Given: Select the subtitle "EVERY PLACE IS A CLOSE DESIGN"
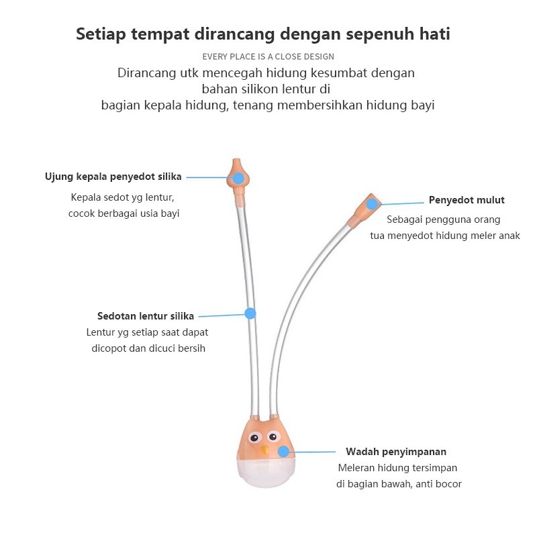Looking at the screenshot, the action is click(x=268, y=57).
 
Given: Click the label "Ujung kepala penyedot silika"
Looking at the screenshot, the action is click(x=113, y=177).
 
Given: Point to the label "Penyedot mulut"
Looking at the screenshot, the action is click(x=467, y=200).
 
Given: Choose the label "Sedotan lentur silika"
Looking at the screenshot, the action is click(x=146, y=315).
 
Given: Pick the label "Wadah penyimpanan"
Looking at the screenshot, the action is click(x=396, y=452).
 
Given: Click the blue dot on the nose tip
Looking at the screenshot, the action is click(x=238, y=178).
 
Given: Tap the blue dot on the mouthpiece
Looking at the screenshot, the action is click(x=373, y=204).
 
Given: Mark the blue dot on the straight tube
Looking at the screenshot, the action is click(x=250, y=313).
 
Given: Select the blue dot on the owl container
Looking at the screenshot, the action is click(x=283, y=452).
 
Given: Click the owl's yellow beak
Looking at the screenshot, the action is click(x=264, y=449).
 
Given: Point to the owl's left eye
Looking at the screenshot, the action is click(x=254, y=438).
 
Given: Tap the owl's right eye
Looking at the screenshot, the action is click(x=273, y=437).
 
